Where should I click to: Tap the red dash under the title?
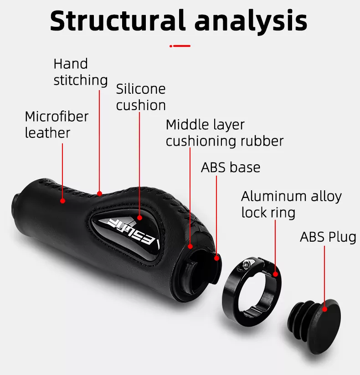pos(180,46)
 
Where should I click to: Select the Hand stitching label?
pos(80,72)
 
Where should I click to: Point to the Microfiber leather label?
pos(57,124)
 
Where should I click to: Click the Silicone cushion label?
pos(141,97)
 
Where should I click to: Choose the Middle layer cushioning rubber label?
pos(225,132)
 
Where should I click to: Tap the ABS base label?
pos(231,167)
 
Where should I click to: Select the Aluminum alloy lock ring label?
pos(291,204)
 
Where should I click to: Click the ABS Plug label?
pos(328,237)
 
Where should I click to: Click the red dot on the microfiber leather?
pos(62,200)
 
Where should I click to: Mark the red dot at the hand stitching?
pos(99,193)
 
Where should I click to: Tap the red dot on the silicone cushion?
pos(140,218)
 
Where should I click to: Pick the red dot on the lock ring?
pos(275,274)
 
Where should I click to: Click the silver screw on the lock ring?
pos(246,263)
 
